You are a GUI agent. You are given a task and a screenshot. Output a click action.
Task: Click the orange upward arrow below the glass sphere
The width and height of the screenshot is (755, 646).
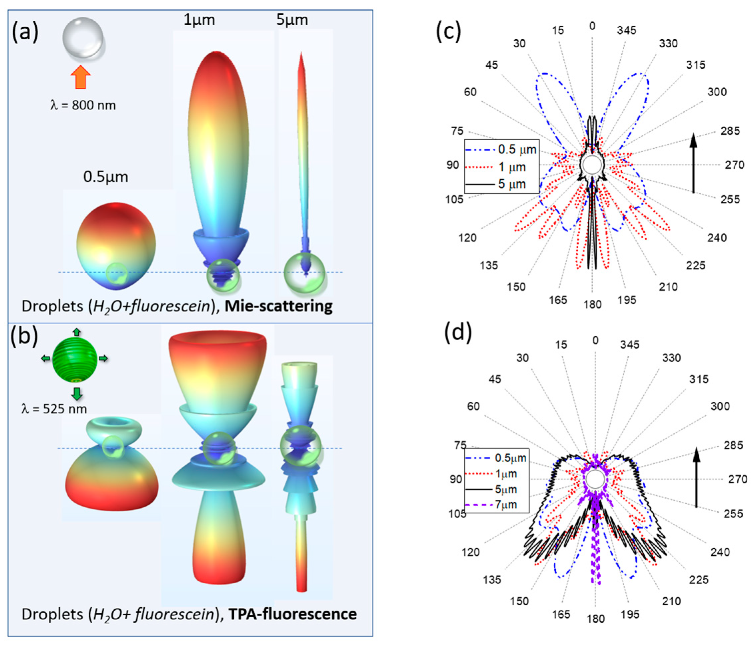click(80, 77)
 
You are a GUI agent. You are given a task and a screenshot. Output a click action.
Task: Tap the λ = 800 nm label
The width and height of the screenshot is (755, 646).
click(83, 105)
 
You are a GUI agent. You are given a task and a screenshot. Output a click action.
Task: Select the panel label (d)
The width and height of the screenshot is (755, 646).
click(458, 332)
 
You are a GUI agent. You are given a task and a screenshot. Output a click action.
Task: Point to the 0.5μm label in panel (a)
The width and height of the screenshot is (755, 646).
click(106, 177)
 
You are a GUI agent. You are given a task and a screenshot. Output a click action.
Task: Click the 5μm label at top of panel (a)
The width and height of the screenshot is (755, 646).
click(292, 20)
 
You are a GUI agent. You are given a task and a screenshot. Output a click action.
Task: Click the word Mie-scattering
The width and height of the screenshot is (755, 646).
click(279, 306)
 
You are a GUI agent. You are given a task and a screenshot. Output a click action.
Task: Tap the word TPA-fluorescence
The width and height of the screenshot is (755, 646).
click(293, 614)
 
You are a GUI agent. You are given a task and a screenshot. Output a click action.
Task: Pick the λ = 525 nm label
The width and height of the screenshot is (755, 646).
click(54, 409)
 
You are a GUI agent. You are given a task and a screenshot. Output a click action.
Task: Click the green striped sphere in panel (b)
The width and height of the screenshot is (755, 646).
click(75, 359)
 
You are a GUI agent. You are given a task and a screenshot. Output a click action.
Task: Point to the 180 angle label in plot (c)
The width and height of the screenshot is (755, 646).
click(592, 304)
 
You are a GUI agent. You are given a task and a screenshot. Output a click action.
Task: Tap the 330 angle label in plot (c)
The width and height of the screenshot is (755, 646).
click(668, 44)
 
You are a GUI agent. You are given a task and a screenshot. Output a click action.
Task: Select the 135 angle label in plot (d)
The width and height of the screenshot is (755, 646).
click(492, 580)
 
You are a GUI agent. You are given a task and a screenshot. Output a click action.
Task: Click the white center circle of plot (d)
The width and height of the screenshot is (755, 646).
click(595, 479)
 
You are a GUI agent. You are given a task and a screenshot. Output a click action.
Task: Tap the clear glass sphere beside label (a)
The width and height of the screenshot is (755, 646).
click(83, 38)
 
